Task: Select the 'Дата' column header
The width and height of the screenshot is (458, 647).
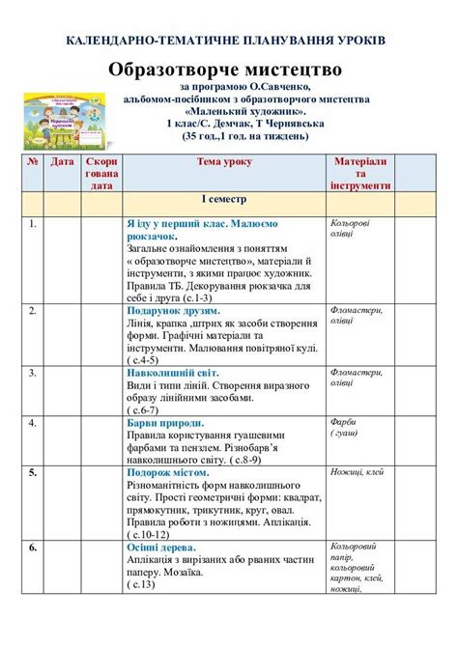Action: pyautogui.click(x=62, y=162)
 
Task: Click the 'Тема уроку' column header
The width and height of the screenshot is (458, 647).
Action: pyautogui.click(x=223, y=162)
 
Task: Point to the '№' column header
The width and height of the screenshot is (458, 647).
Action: pyautogui.click(x=33, y=162)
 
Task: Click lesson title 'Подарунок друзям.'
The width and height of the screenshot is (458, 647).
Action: pyautogui.click(x=170, y=312)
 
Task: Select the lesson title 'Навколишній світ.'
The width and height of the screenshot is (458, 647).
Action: pyautogui.click(x=173, y=372)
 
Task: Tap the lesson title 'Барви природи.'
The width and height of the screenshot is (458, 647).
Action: pyautogui.click(x=165, y=423)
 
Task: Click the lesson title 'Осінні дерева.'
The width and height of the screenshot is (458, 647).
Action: pyautogui.click(x=160, y=548)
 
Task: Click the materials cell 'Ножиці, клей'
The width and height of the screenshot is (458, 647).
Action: pyautogui.click(x=358, y=472)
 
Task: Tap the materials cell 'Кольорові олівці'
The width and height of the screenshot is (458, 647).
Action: pyautogui.click(x=350, y=228)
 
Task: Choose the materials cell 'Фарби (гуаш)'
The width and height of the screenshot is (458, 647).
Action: pyautogui.click(x=347, y=428)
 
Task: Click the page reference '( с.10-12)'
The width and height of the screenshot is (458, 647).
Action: pyautogui.click(x=149, y=534)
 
